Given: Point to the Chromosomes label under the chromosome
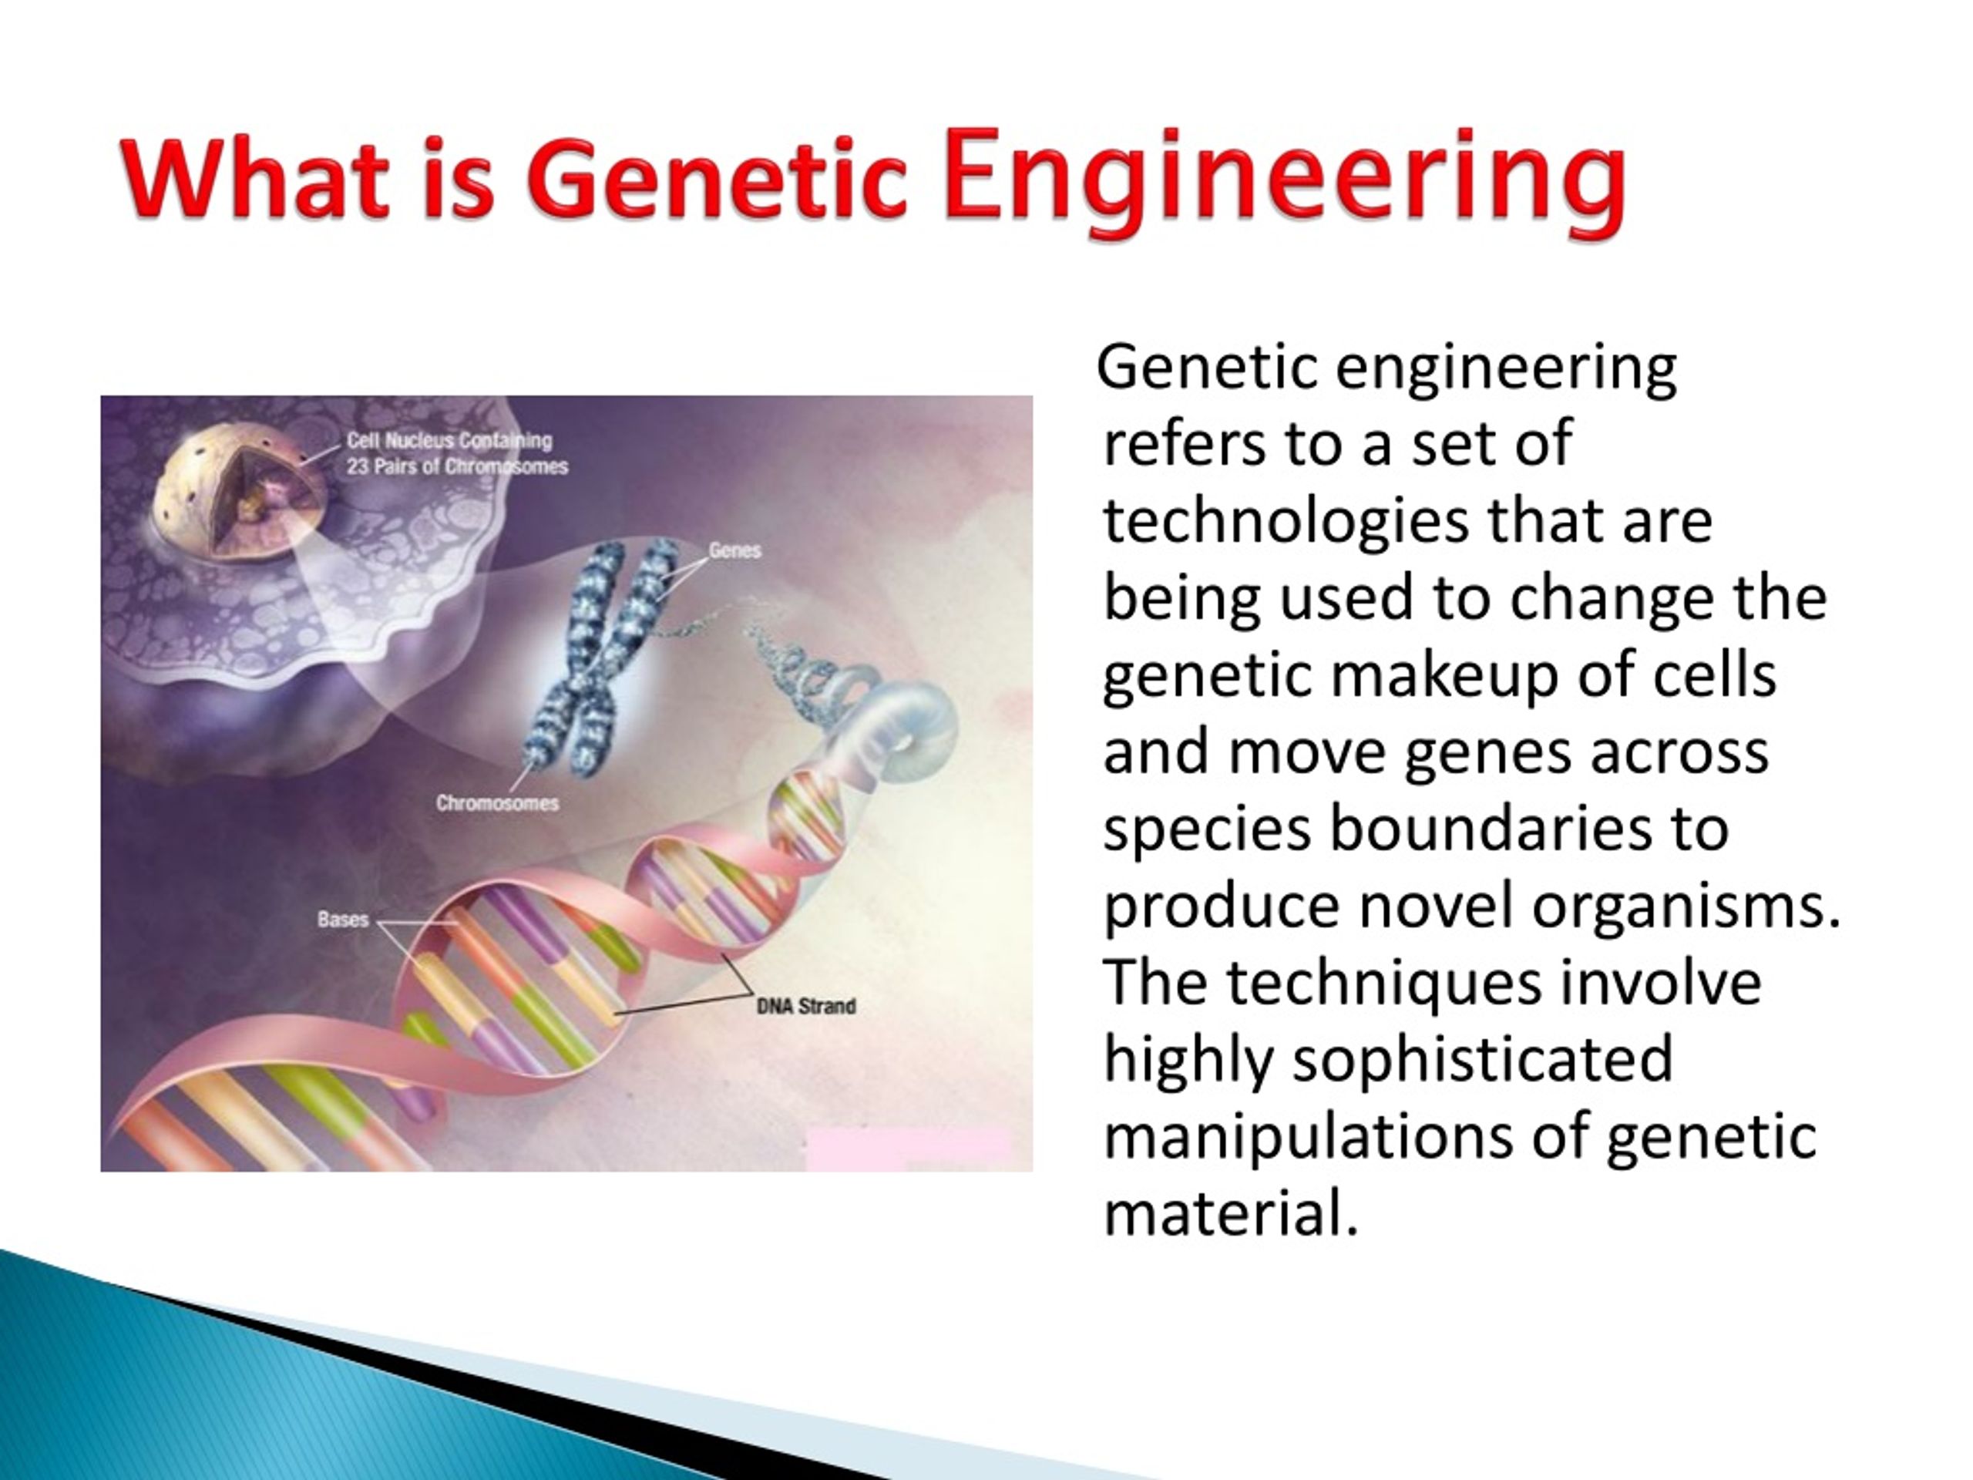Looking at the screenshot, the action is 497,803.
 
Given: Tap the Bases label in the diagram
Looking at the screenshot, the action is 342,919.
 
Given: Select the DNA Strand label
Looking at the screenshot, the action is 805,1006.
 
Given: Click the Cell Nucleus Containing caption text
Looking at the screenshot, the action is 449,440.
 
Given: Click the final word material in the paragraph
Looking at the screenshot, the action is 1231,1214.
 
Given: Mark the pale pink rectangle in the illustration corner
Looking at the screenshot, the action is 908,1149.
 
